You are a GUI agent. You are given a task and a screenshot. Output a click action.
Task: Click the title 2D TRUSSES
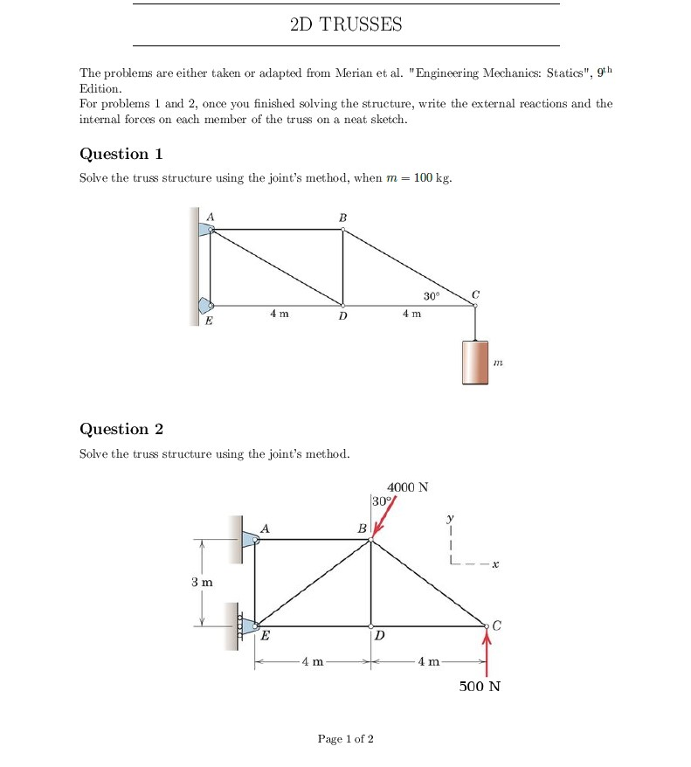point(346,24)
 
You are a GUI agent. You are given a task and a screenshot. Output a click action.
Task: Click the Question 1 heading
point(121,154)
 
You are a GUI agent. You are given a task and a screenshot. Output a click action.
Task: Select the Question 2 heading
point(121,429)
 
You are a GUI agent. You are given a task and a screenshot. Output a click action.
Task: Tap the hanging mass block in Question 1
point(475,362)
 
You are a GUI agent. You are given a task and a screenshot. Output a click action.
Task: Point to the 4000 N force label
point(407,487)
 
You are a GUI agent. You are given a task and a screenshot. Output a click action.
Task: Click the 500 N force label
point(480,686)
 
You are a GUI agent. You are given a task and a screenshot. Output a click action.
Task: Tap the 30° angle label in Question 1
point(431,297)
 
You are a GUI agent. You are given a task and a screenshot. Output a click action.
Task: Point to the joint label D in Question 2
point(378,636)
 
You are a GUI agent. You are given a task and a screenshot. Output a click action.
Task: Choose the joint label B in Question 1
point(342,217)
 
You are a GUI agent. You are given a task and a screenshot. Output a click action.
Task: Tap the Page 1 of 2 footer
point(346,739)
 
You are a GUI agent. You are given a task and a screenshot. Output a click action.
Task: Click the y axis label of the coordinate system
point(451,518)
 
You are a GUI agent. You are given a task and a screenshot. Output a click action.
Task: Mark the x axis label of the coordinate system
point(494,565)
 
